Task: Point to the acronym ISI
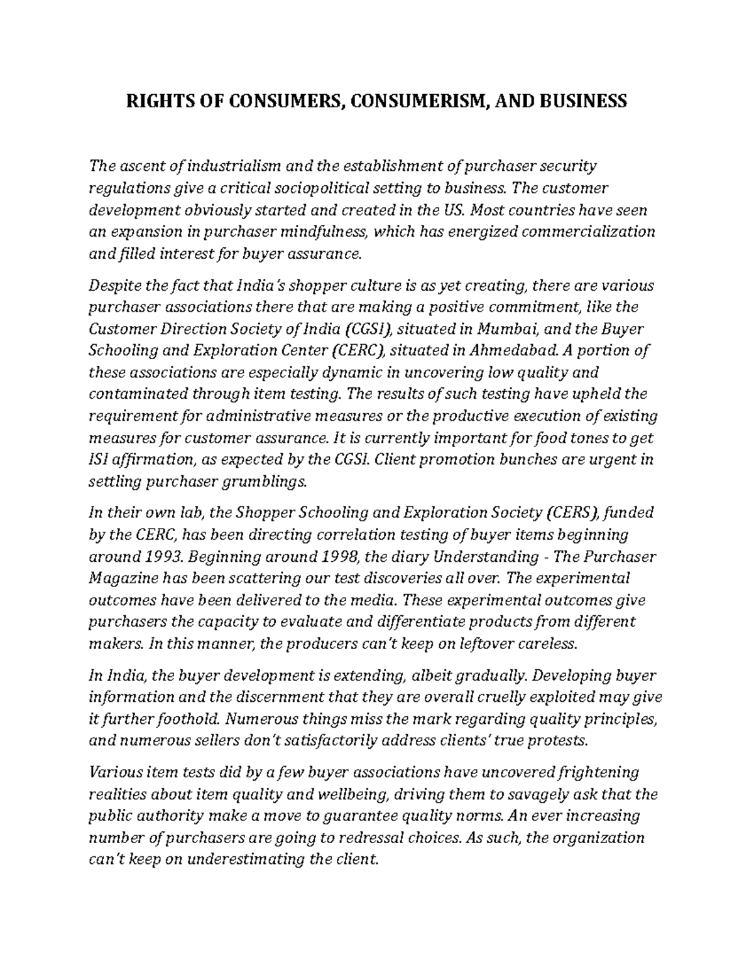pos(99,460)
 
